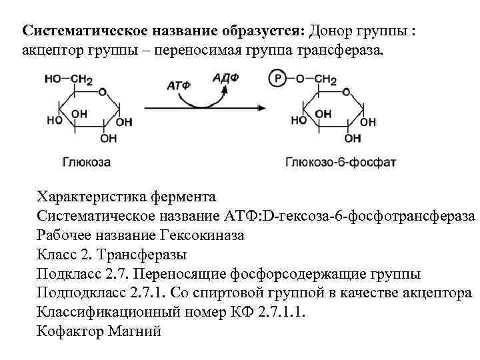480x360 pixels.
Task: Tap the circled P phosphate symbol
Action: point(278,79)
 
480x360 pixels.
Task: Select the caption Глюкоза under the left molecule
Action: point(86,162)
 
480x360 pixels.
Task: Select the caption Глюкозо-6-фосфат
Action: point(331,162)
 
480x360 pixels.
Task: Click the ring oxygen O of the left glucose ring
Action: point(104,91)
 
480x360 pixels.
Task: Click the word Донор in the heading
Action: point(329,31)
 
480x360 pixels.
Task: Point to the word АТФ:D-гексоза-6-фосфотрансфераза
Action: point(347,216)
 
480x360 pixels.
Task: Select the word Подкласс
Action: point(69,274)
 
